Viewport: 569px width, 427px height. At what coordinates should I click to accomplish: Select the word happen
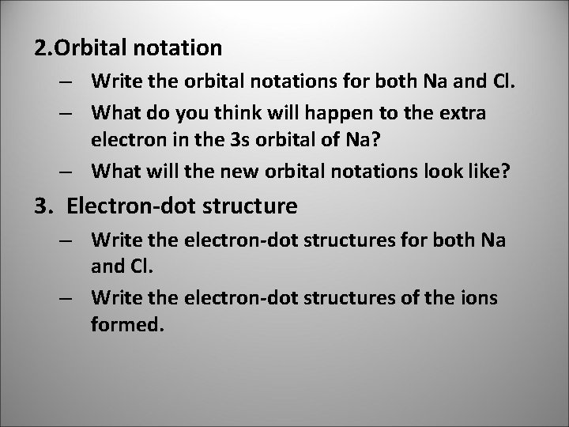click(x=313, y=114)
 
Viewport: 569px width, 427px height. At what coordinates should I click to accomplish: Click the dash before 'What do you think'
click(x=66, y=114)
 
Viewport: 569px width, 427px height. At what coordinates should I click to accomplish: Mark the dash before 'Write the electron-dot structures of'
click(x=66, y=298)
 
